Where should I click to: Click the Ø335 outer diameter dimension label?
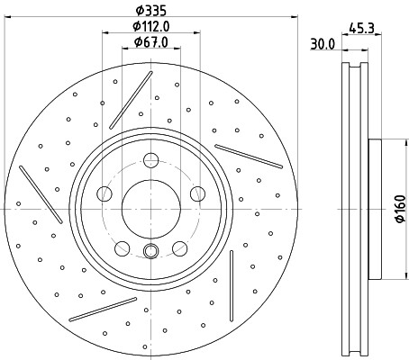151,11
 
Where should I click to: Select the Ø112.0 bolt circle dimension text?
151,26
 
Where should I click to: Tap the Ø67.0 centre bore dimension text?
151,42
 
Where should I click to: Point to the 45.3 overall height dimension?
361,29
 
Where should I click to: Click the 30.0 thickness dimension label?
323,44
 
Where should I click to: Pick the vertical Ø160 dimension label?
401,209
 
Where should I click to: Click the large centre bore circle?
151,209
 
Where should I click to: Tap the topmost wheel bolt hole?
150,160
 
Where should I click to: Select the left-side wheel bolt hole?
105,193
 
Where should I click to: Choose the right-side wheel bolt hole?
197,193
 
